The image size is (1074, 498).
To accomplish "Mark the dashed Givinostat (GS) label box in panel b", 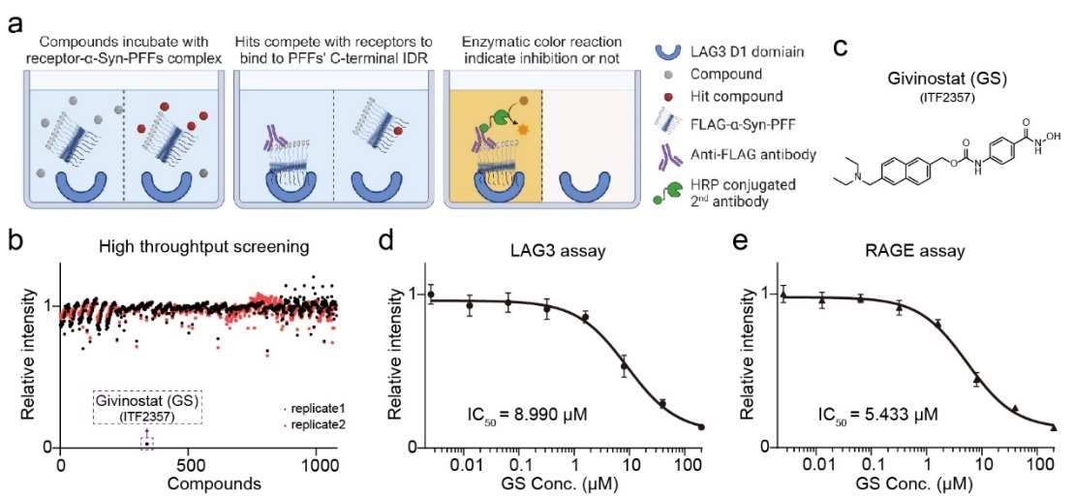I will tap(146, 408).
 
